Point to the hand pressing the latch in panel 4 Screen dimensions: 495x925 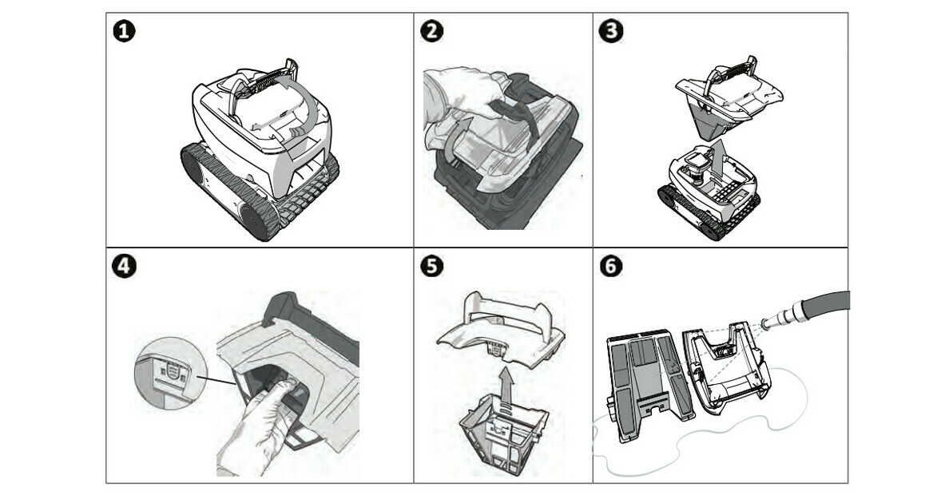pos(256,423)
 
